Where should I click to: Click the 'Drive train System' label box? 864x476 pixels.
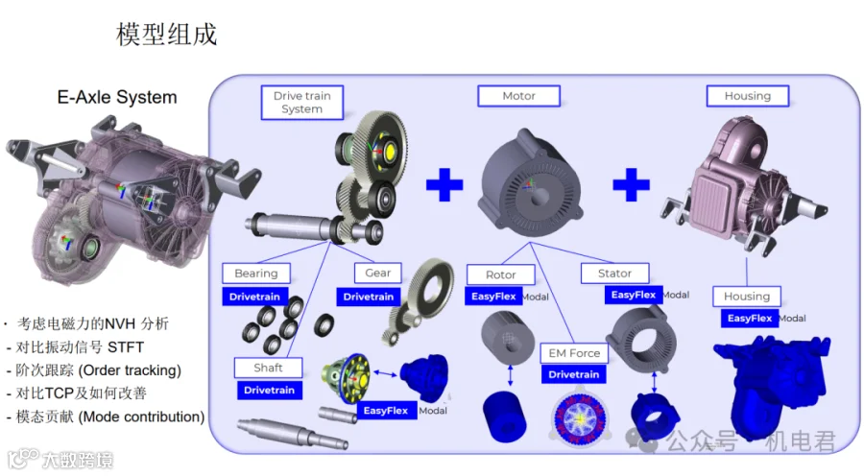coord(302,103)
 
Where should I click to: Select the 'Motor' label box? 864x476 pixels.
coord(518,96)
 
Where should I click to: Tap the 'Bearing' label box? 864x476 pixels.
coord(256,274)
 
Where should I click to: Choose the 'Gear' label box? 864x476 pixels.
coord(377,273)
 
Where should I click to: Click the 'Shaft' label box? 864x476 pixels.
coord(269,368)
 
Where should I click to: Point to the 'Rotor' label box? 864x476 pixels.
coord(500,274)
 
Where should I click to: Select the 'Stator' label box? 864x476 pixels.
coord(614,274)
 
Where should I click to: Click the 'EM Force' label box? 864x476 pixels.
coord(574,353)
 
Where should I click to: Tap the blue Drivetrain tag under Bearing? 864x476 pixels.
coord(254,297)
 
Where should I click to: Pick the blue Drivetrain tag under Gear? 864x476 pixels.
coord(368,297)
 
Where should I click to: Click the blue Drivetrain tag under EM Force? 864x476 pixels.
coord(574,374)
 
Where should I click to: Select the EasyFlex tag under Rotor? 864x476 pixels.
coord(493,297)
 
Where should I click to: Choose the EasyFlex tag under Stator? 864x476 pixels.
coord(634,295)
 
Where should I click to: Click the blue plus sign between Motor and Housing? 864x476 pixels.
coord(632,184)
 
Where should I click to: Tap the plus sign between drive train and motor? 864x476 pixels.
coord(444,184)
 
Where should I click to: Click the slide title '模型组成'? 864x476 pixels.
coord(166,35)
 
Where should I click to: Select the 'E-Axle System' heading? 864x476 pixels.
coord(117,98)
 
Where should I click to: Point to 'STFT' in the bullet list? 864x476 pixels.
coord(126,347)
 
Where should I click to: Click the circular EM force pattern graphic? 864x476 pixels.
coord(580,417)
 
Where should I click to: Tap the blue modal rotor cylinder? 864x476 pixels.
coord(504,416)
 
